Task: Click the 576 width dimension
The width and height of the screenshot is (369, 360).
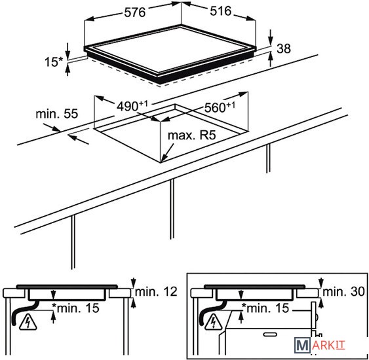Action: point(134,12)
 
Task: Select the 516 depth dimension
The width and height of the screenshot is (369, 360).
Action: point(220,11)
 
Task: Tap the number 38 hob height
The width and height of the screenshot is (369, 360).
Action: point(284,48)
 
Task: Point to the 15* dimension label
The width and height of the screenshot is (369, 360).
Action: point(54,62)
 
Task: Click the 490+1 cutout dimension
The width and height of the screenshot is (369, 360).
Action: point(132,106)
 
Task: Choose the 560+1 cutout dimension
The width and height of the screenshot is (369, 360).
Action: point(220,107)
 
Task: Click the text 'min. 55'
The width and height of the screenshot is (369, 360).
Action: point(57,114)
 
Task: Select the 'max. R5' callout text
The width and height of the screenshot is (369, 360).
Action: point(191,135)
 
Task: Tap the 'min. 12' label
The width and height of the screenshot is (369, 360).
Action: point(156,292)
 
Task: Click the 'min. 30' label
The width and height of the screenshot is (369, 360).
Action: point(343,292)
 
